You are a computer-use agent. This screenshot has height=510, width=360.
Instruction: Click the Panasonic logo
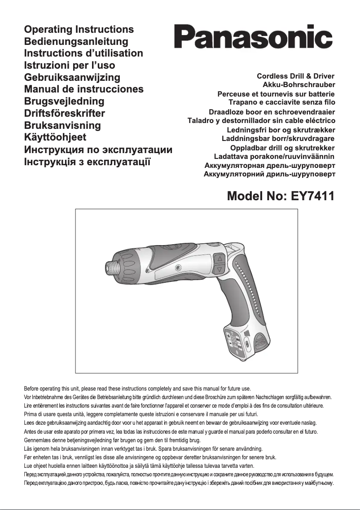[254, 38]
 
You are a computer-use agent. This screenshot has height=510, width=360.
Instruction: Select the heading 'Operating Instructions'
[79, 30]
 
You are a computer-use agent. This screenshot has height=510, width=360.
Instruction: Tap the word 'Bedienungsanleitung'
[76, 41]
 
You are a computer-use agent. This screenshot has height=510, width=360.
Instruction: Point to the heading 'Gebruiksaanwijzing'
[72, 77]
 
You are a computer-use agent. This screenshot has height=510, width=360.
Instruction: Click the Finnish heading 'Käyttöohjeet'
[55, 137]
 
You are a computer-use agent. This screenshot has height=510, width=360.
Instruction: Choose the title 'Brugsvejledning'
[64, 101]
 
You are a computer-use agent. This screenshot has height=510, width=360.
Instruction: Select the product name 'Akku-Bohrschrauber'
[299, 84]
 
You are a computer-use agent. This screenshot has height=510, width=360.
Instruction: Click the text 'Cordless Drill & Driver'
[296, 76]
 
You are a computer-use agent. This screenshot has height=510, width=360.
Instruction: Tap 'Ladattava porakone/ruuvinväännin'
[274, 157]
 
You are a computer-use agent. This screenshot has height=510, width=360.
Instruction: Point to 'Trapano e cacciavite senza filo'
[282, 102]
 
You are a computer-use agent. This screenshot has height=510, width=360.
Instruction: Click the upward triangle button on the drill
[219, 259]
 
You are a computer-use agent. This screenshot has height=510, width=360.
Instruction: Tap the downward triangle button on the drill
[219, 269]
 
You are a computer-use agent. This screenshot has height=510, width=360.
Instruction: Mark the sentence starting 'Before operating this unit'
[137, 388]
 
